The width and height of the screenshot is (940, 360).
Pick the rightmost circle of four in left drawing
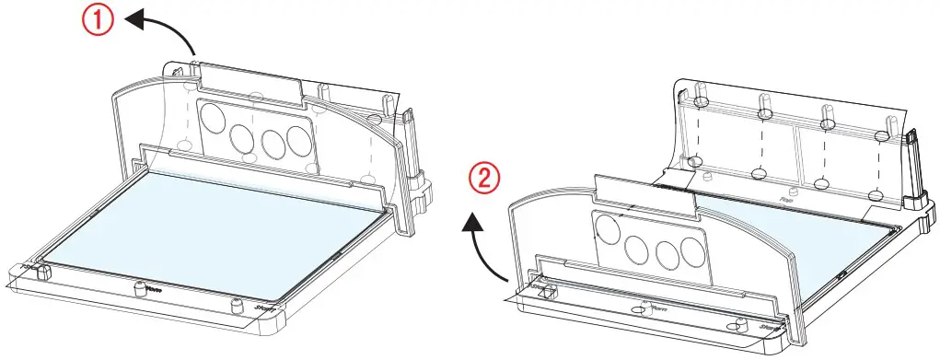click(297, 139)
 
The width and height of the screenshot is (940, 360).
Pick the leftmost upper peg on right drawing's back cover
click(701, 99)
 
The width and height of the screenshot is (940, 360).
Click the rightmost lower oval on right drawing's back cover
click(876, 195)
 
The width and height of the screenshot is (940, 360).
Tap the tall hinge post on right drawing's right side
click(913, 166)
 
